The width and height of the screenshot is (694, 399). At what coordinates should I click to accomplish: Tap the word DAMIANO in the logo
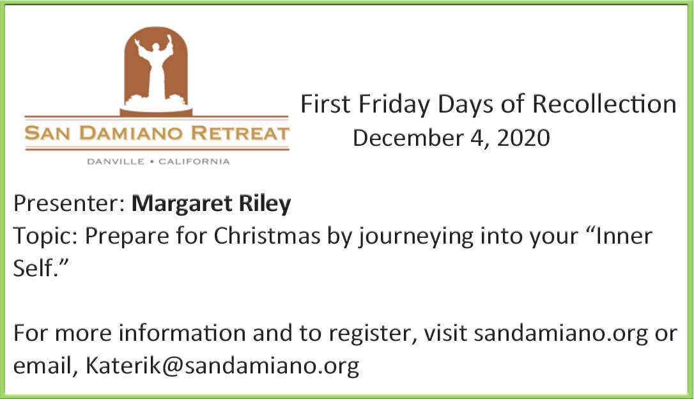pos(132,133)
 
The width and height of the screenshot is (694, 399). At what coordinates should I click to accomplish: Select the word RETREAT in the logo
pos(240,133)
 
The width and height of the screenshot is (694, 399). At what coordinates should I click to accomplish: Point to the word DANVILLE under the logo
pos(116,162)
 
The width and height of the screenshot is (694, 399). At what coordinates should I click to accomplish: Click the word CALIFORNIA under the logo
pos(194,162)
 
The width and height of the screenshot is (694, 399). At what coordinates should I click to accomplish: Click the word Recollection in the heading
pos(604,104)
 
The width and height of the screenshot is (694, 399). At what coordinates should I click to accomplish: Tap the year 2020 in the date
pos(523,137)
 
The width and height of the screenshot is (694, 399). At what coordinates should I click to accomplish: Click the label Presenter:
pos(69,204)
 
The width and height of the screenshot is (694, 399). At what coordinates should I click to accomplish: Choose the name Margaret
pos(182,205)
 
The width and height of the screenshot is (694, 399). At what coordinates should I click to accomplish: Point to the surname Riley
pos(265,205)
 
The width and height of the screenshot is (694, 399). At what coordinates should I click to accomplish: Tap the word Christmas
pos(267,235)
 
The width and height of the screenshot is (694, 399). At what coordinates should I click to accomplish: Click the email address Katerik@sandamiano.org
pos(222,366)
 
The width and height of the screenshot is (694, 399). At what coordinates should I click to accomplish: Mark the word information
pos(182,333)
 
